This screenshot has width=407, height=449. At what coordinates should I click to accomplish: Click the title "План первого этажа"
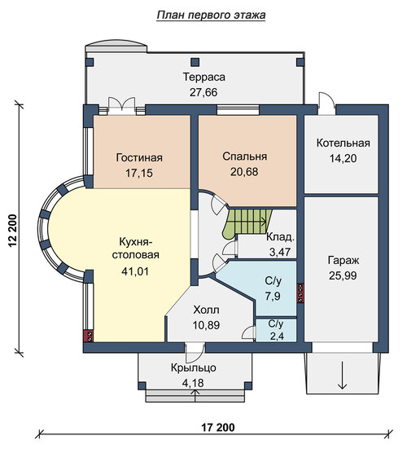tap(211, 15)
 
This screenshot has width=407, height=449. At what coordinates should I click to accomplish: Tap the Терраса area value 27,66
tap(203, 92)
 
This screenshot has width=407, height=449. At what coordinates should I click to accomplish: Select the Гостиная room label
tap(139, 157)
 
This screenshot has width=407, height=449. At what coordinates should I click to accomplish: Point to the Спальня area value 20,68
tap(244, 171)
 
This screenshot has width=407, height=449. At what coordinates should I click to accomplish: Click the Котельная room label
tap(343, 143)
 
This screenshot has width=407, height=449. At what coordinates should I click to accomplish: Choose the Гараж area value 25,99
tap(343, 275)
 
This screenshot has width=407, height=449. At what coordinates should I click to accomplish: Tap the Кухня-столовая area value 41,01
tap(135, 271)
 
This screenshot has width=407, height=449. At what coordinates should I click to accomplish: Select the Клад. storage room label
tap(280, 237)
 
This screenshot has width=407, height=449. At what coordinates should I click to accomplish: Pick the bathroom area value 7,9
tap(273, 296)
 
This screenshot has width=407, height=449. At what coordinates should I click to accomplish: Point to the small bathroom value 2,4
tap(277, 337)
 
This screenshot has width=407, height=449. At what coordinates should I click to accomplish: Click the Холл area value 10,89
tap(206, 325)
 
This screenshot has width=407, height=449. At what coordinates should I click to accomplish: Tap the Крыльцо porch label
tap(194, 368)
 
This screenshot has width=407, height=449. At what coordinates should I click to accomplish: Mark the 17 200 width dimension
tap(218, 428)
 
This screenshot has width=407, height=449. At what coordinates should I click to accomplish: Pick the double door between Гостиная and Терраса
tap(121, 105)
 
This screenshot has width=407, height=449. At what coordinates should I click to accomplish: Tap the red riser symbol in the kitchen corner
tap(89, 337)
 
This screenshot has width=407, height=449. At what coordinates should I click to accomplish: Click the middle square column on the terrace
tap(195, 62)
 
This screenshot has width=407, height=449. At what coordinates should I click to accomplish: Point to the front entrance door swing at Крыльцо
tap(195, 353)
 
